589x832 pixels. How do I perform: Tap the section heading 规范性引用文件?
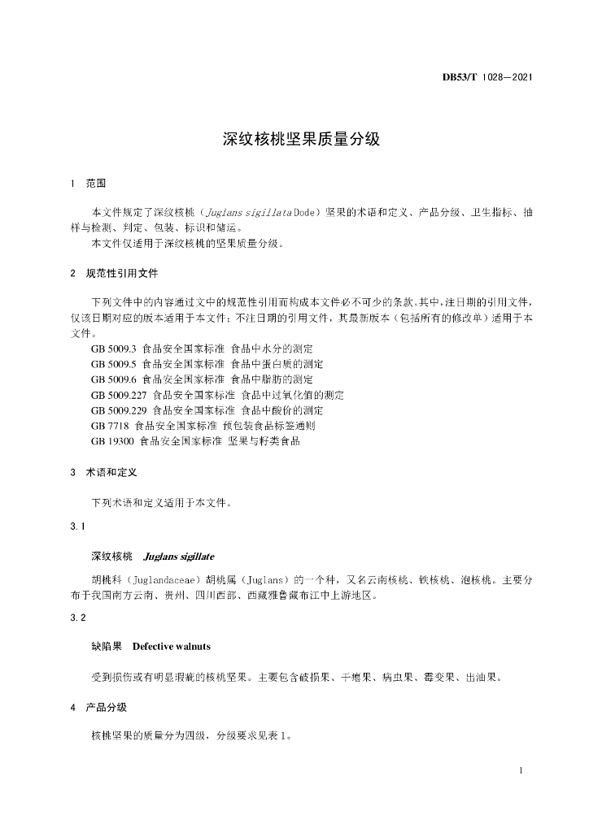122,273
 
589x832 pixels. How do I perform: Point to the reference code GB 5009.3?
114,349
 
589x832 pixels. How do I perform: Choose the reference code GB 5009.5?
114,364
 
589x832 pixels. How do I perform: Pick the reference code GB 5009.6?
114,379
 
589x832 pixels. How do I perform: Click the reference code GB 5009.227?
119,395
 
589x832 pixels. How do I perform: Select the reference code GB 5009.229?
119,410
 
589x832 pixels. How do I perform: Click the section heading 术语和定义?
111,472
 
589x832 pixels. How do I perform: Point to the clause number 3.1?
78,527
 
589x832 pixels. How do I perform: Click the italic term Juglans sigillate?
178,557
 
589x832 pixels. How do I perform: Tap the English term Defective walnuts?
171,647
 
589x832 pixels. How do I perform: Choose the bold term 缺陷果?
107,647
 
